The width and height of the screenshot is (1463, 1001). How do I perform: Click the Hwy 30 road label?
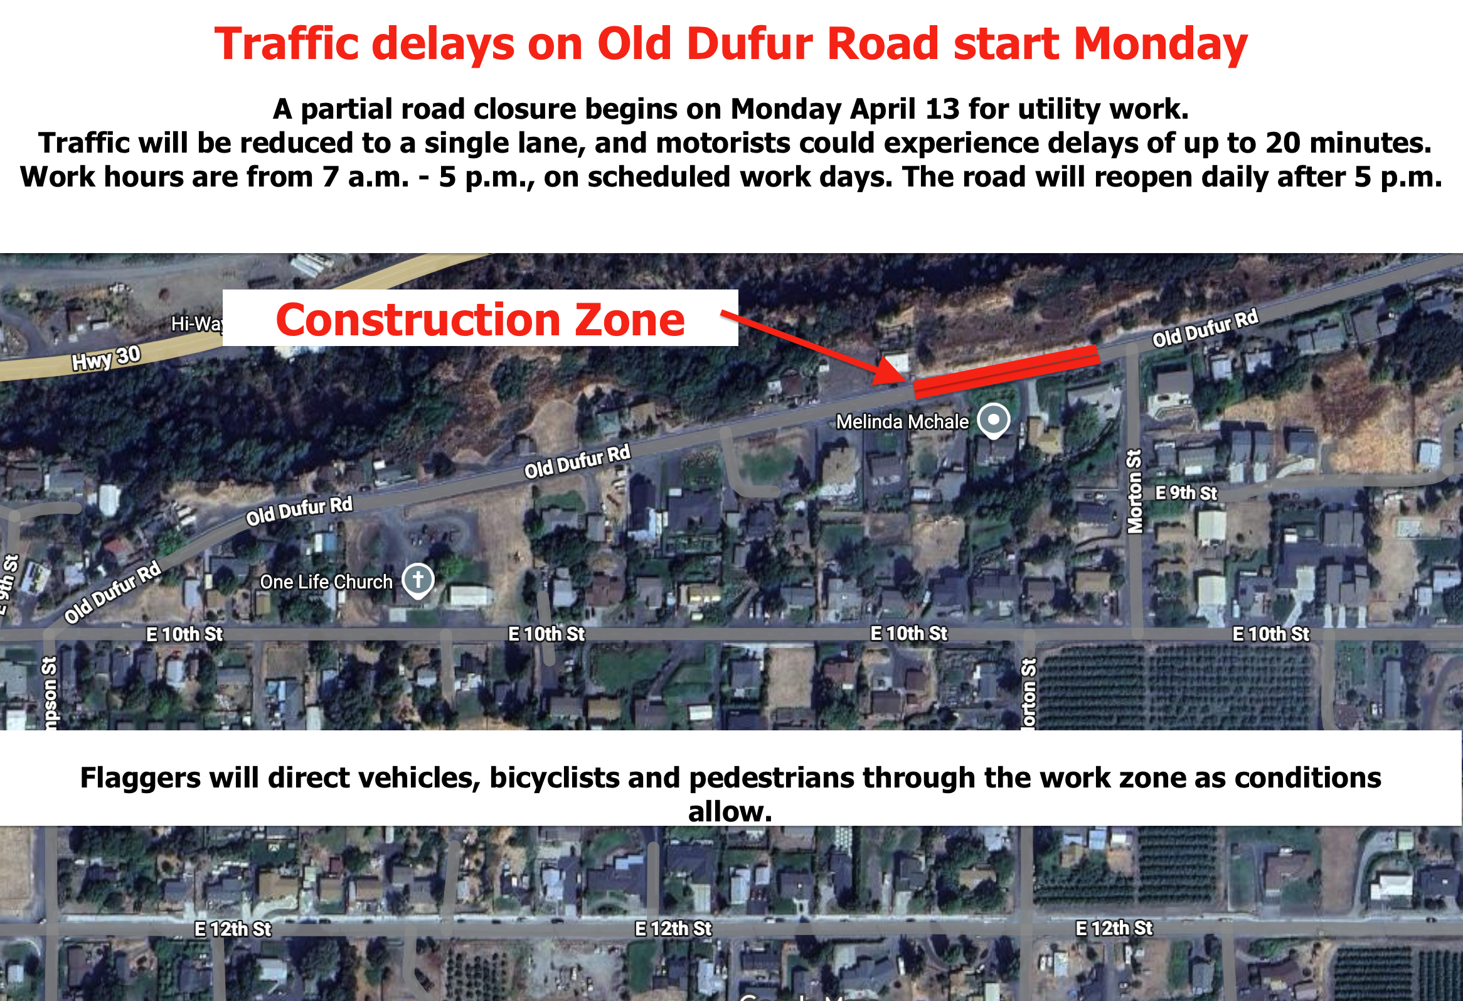pyautogui.click(x=106, y=359)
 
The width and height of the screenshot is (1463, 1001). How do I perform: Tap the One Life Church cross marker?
pyautogui.click(x=418, y=580)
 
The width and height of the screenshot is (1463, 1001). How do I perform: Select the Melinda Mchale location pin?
pyautogui.click(x=993, y=419)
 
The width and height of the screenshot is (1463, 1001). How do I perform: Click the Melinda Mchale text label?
pyautogui.click(x=902, y=422)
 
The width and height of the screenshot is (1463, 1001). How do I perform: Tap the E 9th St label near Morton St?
pyautogui.click(x=1186, y=493)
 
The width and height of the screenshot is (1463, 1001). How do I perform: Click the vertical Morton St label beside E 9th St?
pyautogui.click(x=1134, y=491)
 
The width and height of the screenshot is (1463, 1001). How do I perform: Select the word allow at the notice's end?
pyautogui.click(x=730, y=811)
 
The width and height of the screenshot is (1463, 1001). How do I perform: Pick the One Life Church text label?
pyautogui.click(x=326, y=582)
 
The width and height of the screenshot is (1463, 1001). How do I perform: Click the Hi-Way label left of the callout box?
pyautogui.click(x=196, y=324)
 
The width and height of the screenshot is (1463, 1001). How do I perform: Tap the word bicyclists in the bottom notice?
pyautogui.click(x=554, y=778)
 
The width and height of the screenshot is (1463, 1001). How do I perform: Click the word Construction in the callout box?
pyautogui.click(x=418, y=320)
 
